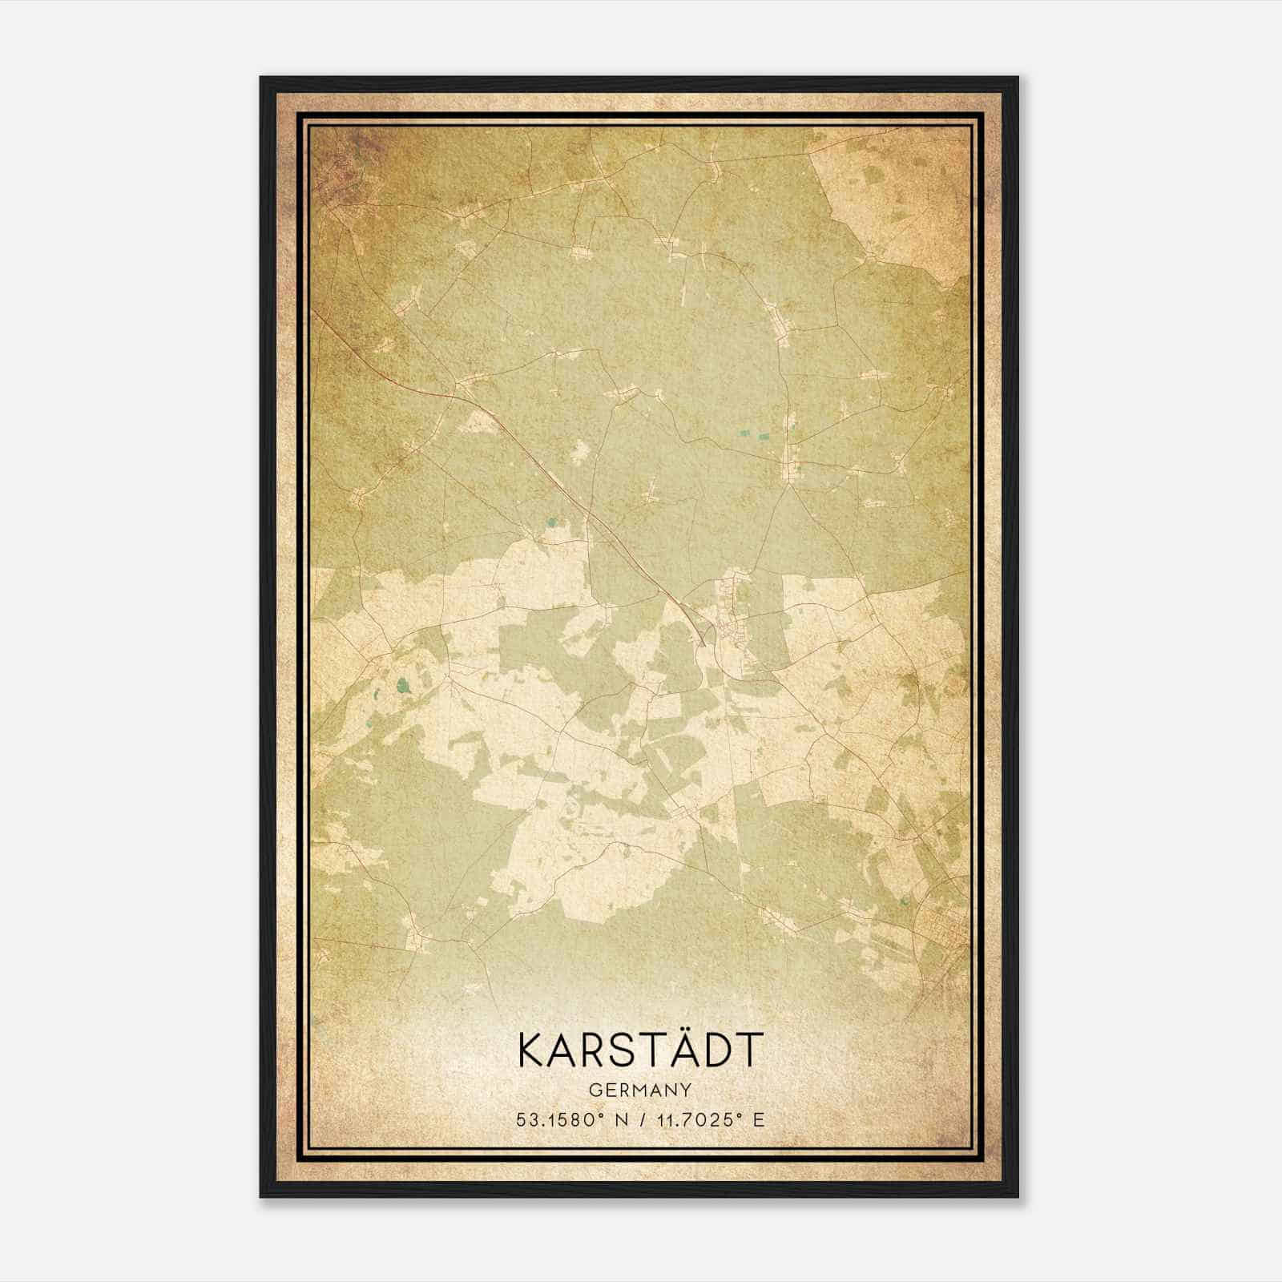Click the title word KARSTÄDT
[640, 1050]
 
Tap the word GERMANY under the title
[640, 1090]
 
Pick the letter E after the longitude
[758, 1119]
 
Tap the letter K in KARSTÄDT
[533, 1050]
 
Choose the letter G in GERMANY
[594, 1090]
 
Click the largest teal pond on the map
[401, 685]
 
